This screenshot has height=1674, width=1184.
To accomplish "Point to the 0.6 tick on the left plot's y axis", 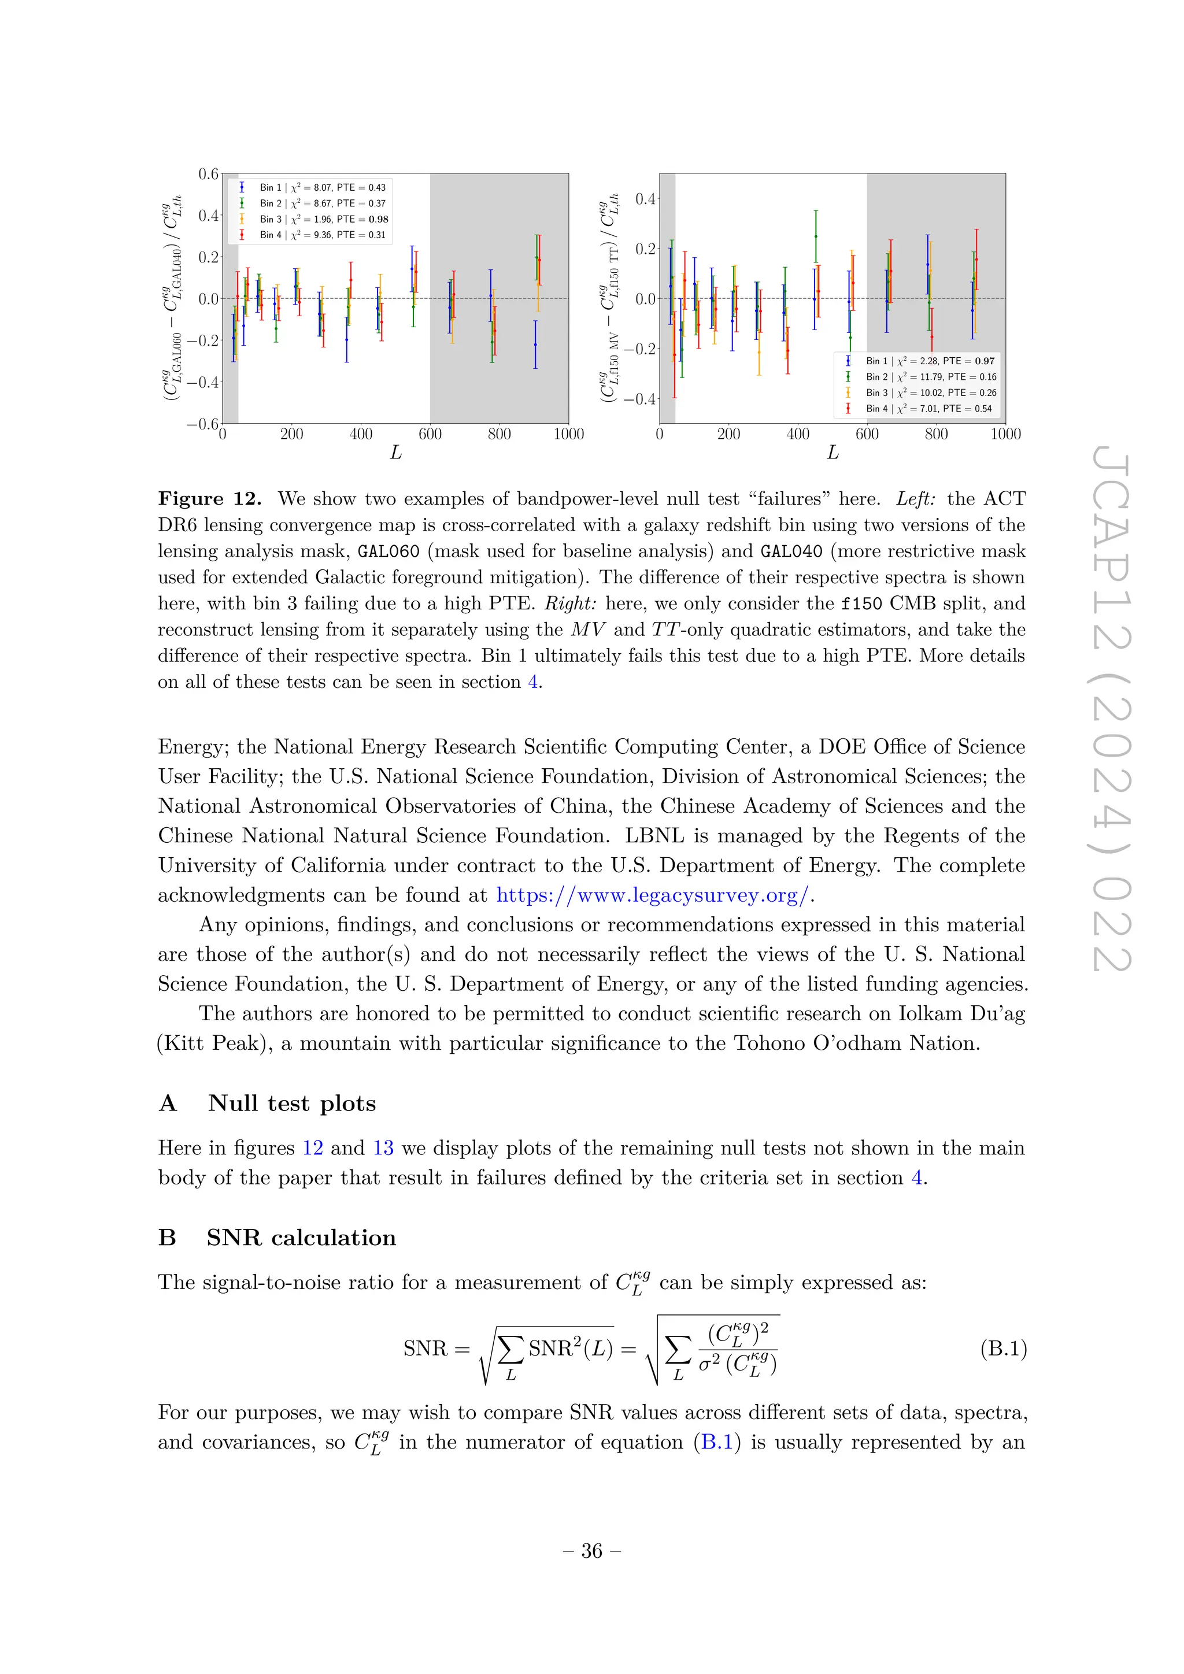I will point(209,173).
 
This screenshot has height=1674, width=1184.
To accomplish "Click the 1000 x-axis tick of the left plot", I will point(569,435).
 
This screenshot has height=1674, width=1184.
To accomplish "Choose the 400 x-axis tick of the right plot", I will point(798,435).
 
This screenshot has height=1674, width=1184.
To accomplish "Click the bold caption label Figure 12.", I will point(210,499).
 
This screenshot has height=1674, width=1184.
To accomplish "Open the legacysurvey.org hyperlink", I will point(653,895).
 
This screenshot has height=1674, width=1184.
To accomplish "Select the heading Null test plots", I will point(291,1103).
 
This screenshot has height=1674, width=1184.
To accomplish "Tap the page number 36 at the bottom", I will point(592,1551).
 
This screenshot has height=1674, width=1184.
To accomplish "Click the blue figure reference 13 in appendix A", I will point(383,1149).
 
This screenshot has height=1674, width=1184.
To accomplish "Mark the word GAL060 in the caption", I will point(388,551).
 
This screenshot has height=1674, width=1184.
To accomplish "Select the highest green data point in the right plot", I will point(816,236).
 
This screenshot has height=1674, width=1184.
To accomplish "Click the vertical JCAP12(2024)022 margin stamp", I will point(1112,711).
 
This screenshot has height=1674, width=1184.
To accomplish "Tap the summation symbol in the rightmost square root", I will point(678,1350).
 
